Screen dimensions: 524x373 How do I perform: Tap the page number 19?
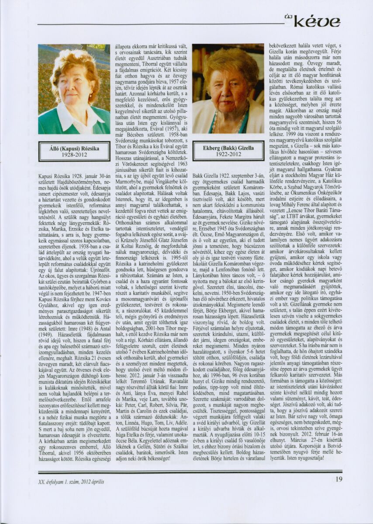coord(339,479)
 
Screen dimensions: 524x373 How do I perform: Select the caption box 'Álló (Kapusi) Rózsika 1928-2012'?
coord(74,151)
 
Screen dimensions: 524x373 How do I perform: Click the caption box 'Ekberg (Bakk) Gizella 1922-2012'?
coord(228,151)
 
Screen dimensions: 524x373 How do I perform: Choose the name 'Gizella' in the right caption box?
coord(246,148)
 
